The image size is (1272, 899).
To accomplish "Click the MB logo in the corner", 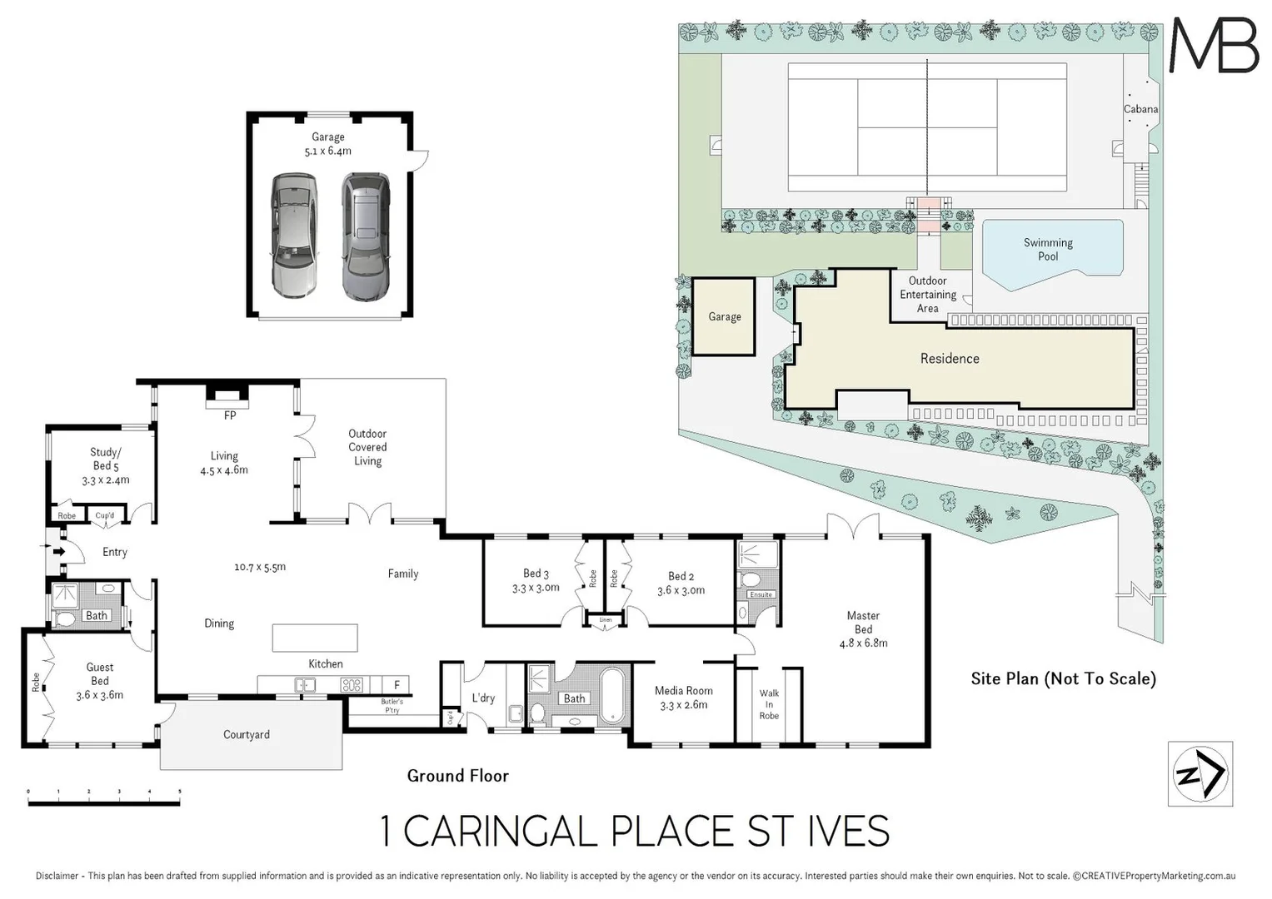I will pos(1214,45).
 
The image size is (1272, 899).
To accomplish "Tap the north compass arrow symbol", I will pos(1200,774).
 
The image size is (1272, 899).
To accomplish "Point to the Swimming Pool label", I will pos(1048,250).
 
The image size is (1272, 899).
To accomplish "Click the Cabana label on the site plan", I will pos(1140,109).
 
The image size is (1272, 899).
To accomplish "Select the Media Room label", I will pos(683,697).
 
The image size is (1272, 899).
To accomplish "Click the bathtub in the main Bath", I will pos(612,693).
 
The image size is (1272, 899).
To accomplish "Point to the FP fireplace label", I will pos(230,415).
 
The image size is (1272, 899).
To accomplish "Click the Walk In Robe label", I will pos(769,704).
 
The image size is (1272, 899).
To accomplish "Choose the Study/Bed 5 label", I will pos(106,466).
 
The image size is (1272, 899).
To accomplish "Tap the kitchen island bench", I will pos(315,638).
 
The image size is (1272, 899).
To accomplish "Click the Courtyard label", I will pos(247,735).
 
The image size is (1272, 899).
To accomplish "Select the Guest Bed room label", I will pos(100,681).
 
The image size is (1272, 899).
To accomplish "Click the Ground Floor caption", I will pos(457,776).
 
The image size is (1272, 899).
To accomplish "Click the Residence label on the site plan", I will pos(950,359).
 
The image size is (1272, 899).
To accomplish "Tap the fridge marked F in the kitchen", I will pos(397,685).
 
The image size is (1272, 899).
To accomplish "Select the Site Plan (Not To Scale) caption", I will pos(1063,678).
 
